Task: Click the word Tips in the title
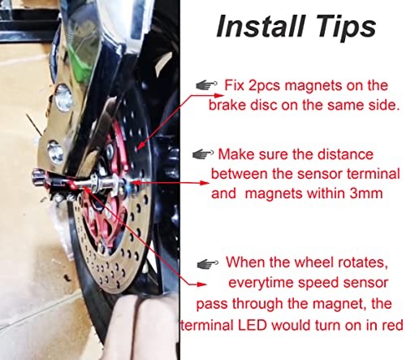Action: tap(343, 27)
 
